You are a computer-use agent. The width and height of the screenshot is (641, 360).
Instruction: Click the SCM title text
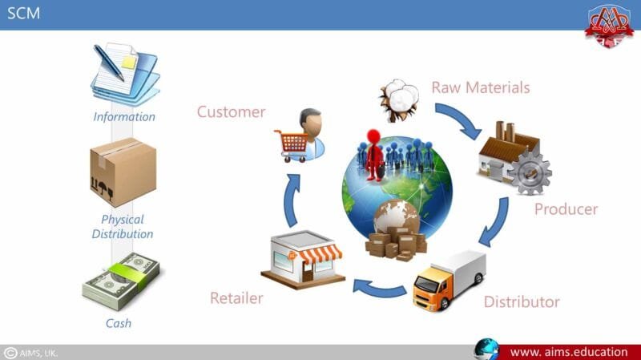23,14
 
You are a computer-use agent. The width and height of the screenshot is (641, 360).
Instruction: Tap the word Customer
231,111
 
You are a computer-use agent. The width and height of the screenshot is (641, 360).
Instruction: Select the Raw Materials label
481,87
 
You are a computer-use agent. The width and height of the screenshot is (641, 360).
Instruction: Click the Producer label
566,209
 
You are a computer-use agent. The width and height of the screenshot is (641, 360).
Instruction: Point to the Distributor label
522,302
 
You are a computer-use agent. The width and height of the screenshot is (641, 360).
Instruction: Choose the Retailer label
236,298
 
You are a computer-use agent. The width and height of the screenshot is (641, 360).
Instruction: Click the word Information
123,116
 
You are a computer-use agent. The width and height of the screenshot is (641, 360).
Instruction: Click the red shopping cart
290,143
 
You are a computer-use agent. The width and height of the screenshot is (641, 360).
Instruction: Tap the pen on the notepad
109,61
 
